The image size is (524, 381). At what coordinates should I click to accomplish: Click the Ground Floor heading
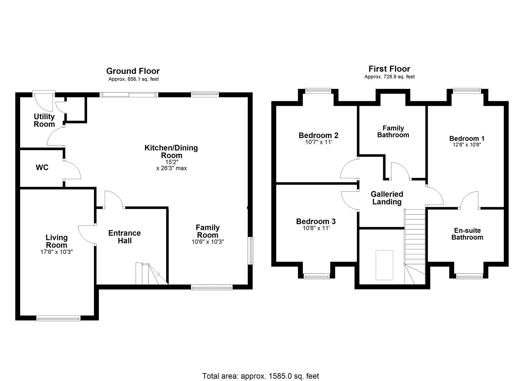point(133,71)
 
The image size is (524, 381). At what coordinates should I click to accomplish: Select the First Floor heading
point(389,69)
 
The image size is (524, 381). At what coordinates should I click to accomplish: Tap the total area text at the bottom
point(260,376)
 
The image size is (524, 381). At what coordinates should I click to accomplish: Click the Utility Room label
point(44,120)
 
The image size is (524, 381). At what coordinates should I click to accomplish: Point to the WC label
point(42,168)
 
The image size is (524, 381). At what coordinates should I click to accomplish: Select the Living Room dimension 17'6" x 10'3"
point(56,252)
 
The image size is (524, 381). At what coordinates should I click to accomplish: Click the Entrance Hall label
point(125,237)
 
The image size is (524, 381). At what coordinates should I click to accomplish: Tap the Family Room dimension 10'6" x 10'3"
point(208,242)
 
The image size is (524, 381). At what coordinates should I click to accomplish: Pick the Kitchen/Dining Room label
point(171,151)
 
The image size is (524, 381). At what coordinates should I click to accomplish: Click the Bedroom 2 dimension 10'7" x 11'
point(318,142)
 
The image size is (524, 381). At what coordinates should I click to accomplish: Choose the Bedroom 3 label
point(316,222)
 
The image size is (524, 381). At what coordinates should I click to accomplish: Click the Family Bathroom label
point(393,131)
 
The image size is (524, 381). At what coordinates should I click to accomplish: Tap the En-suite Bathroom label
point(467,234)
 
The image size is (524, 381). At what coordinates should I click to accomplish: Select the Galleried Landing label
point(387,198)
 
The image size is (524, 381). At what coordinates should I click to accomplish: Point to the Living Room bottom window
point(58,318)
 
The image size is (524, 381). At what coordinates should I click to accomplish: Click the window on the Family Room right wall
point(251,251)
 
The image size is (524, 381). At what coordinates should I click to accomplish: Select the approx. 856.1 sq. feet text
point(133,79)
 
